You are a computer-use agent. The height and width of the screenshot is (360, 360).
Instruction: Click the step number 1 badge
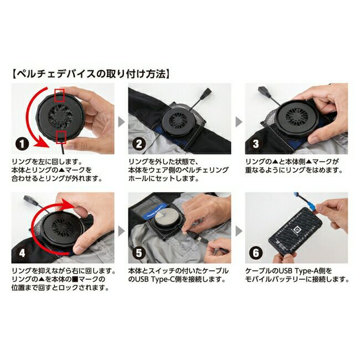point(22,144)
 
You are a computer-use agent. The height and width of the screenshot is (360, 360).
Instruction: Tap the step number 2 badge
point(139,144)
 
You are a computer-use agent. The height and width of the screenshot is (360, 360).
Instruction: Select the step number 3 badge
point(256,144)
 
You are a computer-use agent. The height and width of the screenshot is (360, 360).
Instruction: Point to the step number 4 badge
point(22,253)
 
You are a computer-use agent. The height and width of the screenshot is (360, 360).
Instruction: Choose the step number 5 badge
point(139,253)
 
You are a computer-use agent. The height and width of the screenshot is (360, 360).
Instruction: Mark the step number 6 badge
point(256,253)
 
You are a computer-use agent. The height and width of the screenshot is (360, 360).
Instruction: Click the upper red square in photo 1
point(60,95)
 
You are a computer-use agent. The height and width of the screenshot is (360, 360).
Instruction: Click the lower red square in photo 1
point(60,137)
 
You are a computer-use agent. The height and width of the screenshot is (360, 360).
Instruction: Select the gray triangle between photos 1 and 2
point(121,122)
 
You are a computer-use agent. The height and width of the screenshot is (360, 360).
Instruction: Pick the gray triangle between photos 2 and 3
point(239,122)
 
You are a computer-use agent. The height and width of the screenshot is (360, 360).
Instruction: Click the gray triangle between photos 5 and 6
point(239,231)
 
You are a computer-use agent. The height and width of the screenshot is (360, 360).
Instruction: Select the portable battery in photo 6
point(296,233)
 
